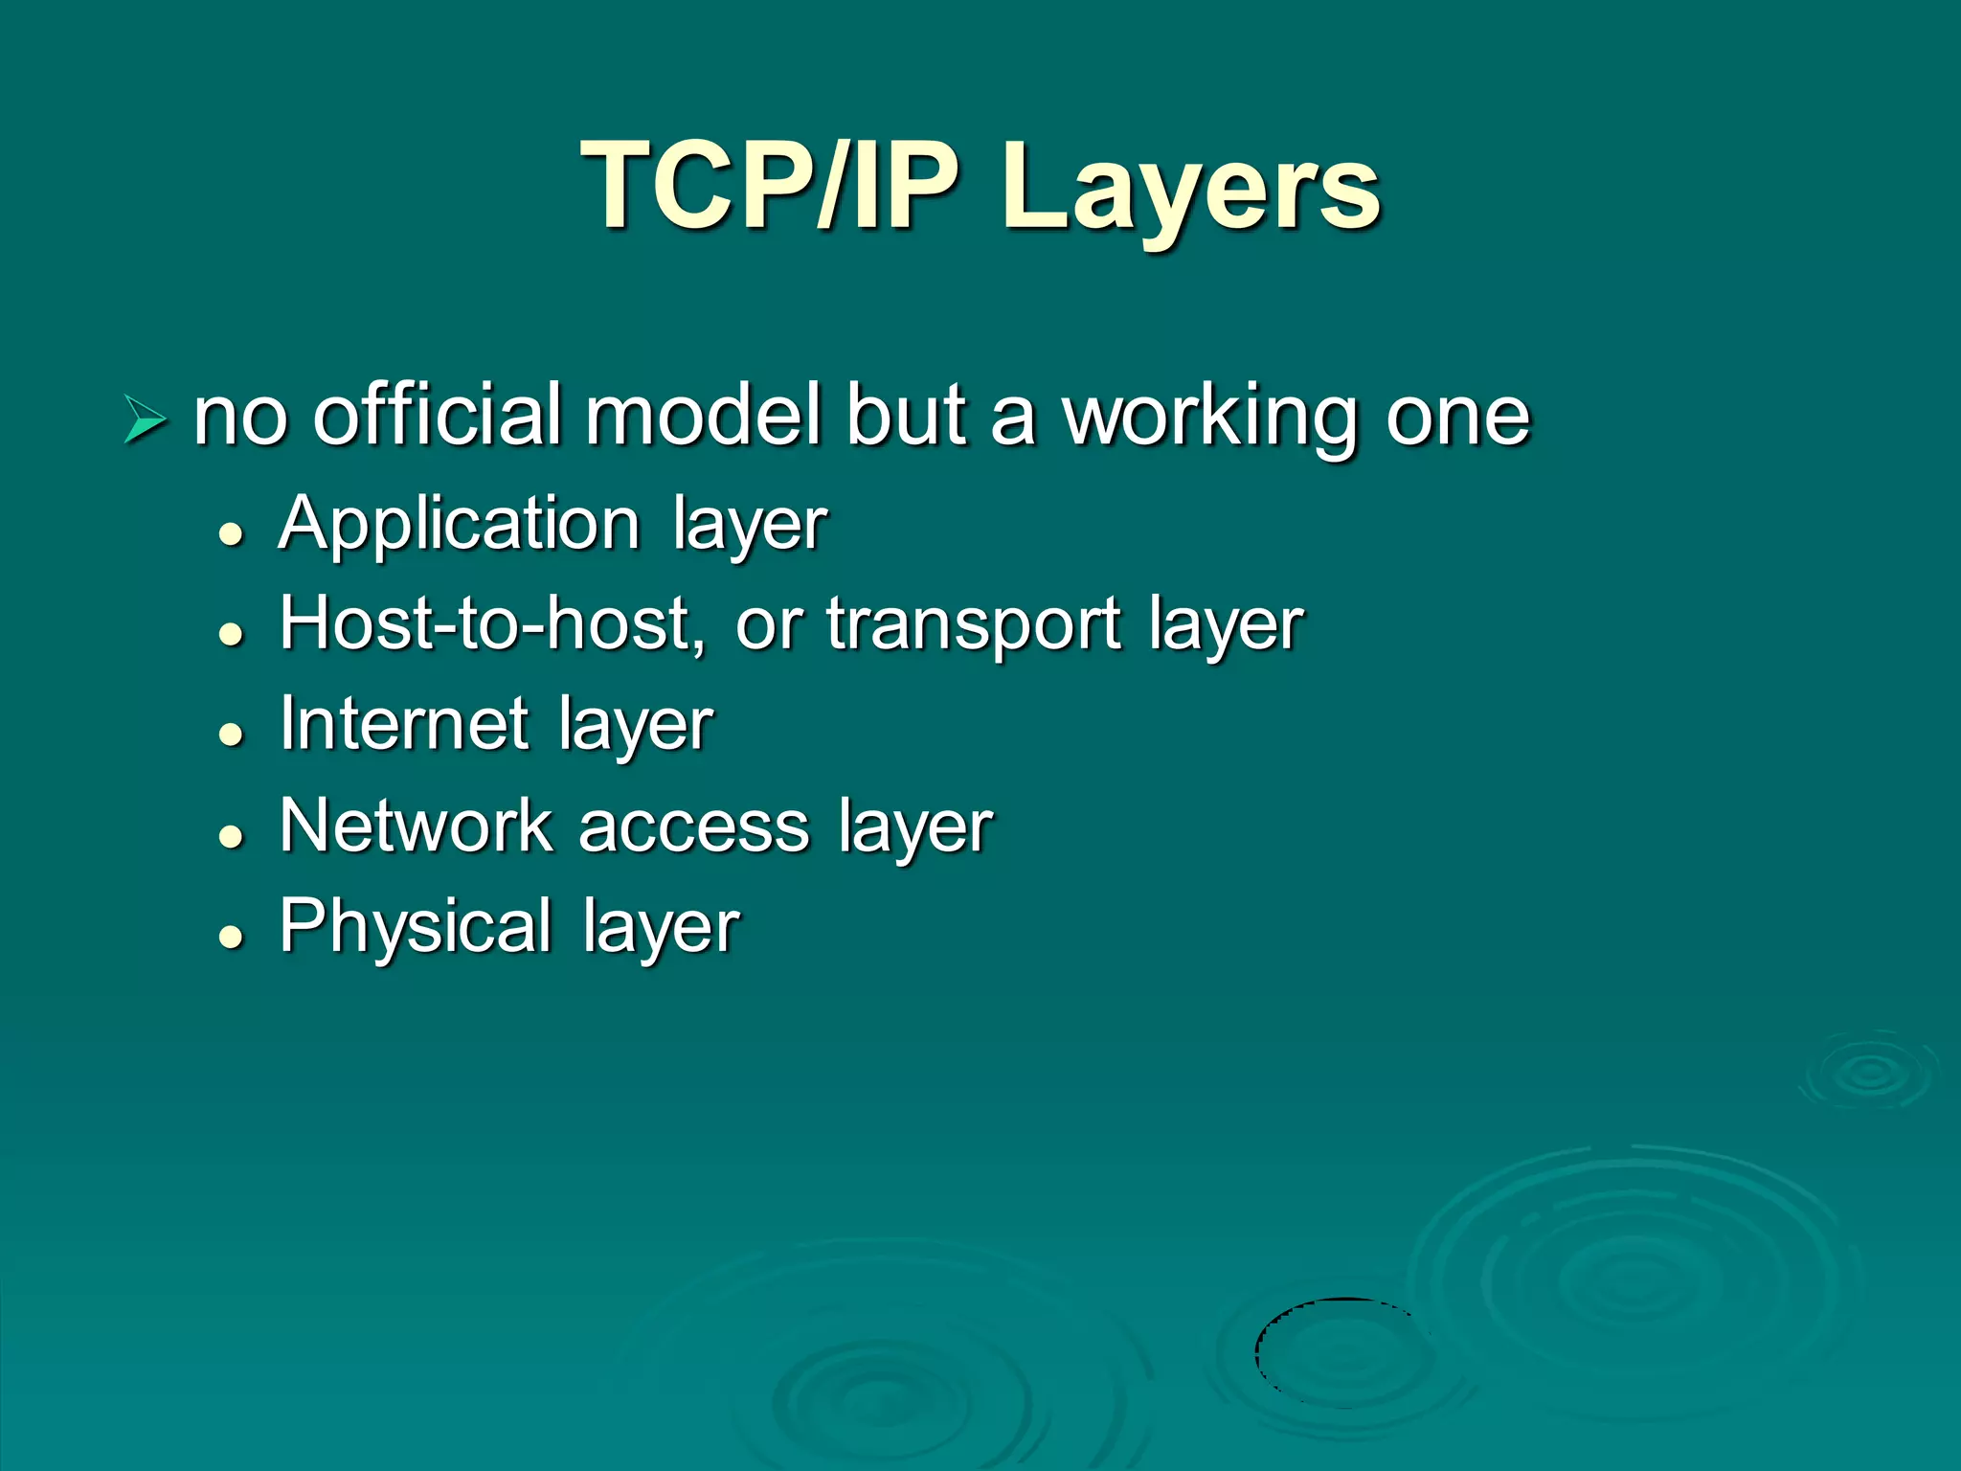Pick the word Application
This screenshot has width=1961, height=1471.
459,525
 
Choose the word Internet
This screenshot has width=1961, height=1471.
403,724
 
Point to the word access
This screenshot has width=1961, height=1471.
694,827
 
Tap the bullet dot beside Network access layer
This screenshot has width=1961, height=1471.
231,835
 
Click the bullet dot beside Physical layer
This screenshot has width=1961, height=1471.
231,936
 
